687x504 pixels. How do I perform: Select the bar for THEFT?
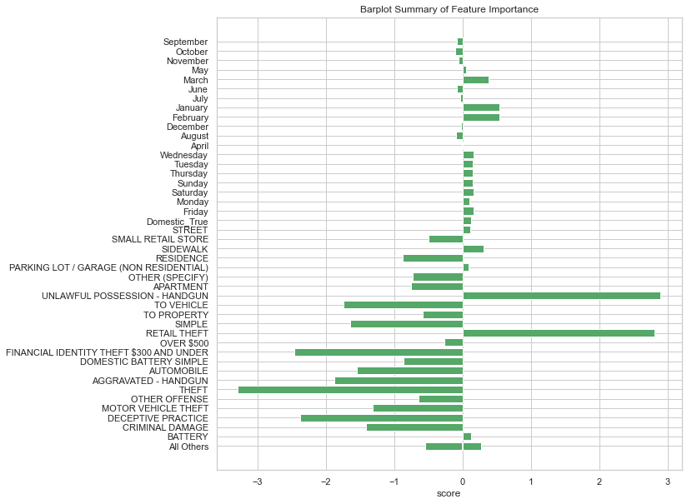(x=350, y=390)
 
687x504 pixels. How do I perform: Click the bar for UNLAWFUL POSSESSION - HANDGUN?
(x=561, y=296)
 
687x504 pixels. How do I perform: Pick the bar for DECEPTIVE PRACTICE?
(x=382, y=418)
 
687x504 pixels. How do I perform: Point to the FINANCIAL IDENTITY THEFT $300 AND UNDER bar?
(x=379, y=352)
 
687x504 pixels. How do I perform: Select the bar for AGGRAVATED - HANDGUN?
(x=399, y=381)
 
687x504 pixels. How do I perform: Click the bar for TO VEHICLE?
(x=404, y=305)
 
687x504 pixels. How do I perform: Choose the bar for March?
(x=475, y=80)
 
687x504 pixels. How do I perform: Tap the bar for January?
(x=481, y=107)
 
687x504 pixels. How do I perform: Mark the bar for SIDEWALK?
(x=473, y=248)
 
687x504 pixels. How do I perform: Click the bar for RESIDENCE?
(x=433, y=258)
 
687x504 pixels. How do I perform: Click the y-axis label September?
(x=185, y=42)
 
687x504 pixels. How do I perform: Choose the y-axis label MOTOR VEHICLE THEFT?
(x=155, y=409)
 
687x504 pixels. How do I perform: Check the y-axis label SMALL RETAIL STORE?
(x=159, y=239)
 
